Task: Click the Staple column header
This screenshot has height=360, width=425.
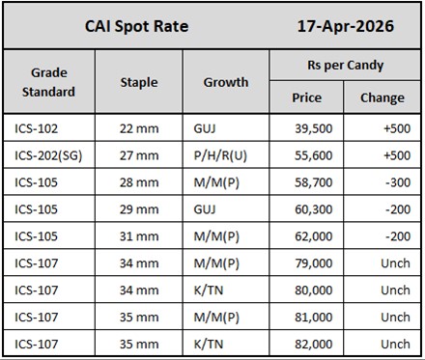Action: (x=138, y=82)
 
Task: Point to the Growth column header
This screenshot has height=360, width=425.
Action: (x=225, y=82)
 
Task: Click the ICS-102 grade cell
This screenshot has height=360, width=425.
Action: (x=40, y=127)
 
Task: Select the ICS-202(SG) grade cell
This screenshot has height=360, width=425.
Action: (x=53, y=153)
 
